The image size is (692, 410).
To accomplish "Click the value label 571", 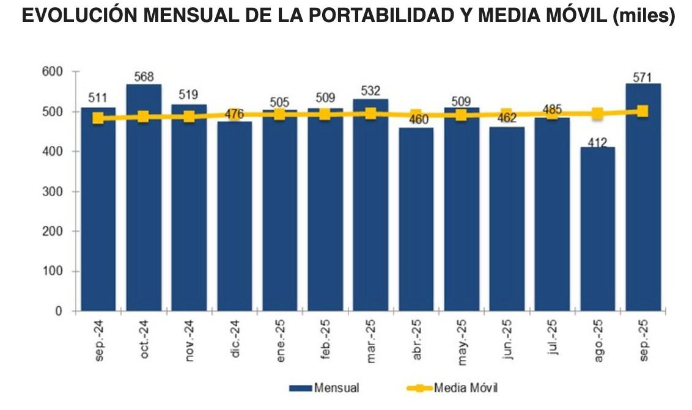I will [x=642, y=77].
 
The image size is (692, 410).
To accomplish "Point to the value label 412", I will [x=597, y=142].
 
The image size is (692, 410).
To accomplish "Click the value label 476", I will [x=234, y=114].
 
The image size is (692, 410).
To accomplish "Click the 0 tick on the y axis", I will [x=59, y=312].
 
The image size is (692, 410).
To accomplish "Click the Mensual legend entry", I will [x=324, y=388].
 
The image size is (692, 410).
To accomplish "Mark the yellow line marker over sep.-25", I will [x=642, y=111].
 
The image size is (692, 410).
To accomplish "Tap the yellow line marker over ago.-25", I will [x=597, y=114].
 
